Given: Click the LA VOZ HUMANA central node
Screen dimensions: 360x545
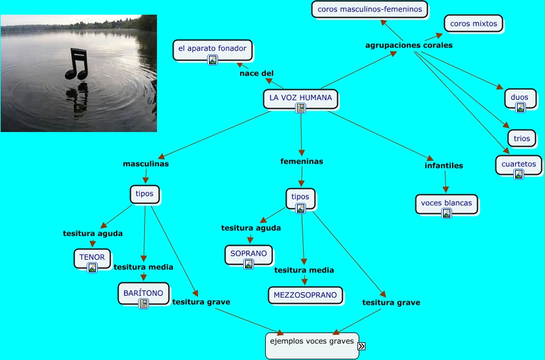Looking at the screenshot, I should [x=300, y=98].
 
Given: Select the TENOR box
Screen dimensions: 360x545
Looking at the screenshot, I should [x=92, y=257].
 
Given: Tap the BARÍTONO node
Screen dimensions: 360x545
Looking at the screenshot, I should [x=143, y=293].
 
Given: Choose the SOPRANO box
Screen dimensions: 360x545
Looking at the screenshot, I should [x=248, y=253].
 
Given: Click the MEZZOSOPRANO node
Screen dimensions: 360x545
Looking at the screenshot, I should [x=305, y=295].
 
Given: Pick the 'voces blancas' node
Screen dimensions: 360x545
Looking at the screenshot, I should [x=446, y=204].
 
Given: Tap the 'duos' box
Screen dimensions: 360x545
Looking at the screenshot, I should [x=520, y=97].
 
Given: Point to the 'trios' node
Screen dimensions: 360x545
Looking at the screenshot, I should [x=521, y=139].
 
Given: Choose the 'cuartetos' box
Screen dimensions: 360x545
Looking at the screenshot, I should [x=518, y=164].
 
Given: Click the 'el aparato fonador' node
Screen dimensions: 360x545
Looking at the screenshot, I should [x=212, y=48].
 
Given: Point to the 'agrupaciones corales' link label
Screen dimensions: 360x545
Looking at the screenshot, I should [x=409, y=45].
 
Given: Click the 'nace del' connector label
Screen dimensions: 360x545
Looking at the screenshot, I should [x=257, y=73].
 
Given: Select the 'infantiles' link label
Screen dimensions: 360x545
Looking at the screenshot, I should [x=444, y=165].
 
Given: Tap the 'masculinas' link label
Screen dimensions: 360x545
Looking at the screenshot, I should [x=145, y=164].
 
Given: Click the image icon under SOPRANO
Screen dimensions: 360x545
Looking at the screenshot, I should [x=248, y=264].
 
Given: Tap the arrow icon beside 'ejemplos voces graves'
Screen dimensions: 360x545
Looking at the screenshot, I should [x=361, y=346].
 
